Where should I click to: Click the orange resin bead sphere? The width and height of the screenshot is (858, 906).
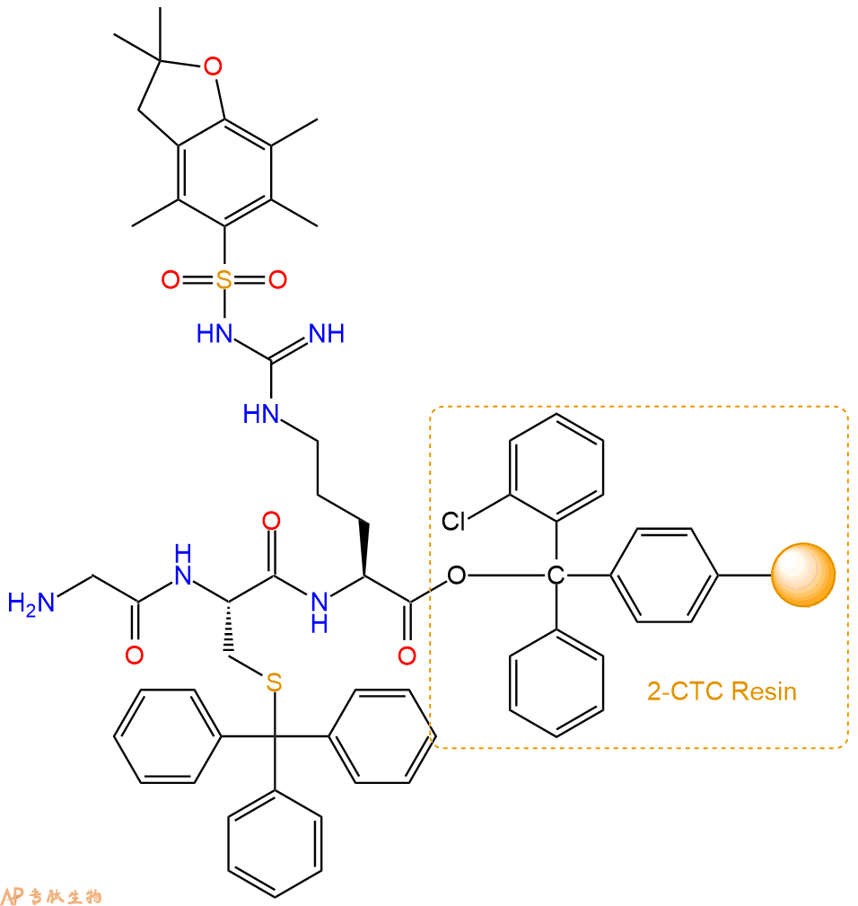tap(803, 575)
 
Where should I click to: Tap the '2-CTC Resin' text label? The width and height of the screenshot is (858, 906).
tap(722, 691)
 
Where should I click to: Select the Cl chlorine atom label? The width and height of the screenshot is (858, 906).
tap(453, 521)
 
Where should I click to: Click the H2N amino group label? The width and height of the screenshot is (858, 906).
tap(31, 603)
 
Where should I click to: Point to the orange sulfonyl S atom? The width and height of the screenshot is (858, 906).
tap(224, 279)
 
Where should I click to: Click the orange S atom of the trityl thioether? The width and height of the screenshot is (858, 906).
tap(275, 682)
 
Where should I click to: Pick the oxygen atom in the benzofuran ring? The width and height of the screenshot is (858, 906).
tap(213, 66)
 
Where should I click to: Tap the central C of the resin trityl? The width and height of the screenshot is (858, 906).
tap(556, 575)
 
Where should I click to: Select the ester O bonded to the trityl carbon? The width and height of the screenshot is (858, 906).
tap(456, 575)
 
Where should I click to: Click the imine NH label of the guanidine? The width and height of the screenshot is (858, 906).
tap(327, 333)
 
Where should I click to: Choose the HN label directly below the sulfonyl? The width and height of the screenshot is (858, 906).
tap(214, 333)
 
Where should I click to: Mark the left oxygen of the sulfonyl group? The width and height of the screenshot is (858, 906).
tap(171, 279)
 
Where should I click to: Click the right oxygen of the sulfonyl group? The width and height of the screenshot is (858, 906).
tap(277, 279)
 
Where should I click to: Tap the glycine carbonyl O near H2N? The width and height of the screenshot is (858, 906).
tap(135, 655)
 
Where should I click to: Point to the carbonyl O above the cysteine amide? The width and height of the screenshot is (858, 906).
tap(271, 521)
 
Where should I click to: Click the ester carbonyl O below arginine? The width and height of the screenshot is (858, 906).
tap(407, 655)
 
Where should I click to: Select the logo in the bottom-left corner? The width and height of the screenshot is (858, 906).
tap(51, 895)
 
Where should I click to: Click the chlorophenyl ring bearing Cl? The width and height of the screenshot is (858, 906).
tap(556, 468)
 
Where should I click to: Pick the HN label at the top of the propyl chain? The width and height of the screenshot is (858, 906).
tap(261, 414)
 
